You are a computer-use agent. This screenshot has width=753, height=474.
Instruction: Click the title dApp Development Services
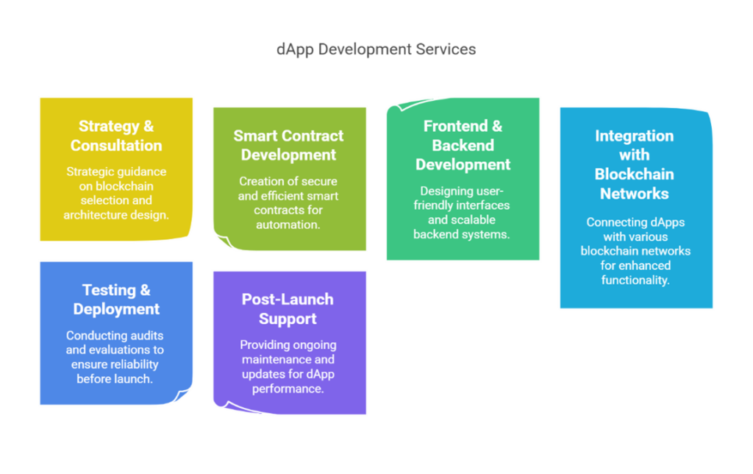376,49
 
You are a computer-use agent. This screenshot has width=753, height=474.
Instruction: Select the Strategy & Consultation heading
116,135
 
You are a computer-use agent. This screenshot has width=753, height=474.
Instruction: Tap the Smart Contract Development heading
288,145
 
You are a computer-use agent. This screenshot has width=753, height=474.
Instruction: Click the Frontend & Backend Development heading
463,145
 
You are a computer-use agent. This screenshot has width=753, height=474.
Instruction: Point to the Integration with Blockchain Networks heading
634,164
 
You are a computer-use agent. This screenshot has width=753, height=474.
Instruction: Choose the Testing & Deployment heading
116,299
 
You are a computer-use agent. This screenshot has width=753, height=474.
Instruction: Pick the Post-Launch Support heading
288,308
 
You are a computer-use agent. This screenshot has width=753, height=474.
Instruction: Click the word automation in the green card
288,224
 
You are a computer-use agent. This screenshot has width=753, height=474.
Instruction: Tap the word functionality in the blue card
635,280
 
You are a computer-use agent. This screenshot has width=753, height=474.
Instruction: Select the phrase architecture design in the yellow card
116,215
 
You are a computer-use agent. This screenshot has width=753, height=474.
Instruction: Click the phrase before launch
115,379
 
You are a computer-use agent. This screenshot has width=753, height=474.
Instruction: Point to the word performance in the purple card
288,389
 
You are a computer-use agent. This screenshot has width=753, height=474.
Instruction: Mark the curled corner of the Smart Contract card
225,241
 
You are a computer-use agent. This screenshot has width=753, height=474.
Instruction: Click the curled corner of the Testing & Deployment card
181,395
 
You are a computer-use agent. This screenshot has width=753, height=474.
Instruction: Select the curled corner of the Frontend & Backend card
408,105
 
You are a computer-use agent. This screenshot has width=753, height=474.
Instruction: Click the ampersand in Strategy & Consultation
149,126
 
